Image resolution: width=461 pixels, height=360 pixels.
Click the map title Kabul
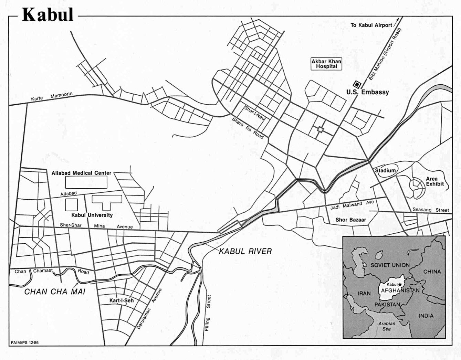point(48,15)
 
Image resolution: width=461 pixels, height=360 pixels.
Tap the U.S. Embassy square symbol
point(357,84)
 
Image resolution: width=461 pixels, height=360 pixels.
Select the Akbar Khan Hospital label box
point(326,64)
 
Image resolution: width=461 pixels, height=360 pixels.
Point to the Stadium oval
point(385,171)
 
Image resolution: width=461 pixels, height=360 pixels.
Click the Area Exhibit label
point(434,181)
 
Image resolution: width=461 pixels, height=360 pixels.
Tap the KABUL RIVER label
point(245,252)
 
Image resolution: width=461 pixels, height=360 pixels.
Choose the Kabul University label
point(92,215)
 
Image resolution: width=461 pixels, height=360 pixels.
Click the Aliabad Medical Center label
point(81,173)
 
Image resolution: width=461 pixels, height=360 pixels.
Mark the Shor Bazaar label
point(350,220)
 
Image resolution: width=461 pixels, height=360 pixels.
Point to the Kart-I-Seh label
point(122,300)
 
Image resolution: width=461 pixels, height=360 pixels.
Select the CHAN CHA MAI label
point(55,292)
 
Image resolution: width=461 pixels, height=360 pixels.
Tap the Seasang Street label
point(431,210)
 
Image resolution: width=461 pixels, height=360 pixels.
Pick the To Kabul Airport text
point(371,25)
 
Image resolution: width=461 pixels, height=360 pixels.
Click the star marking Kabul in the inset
point(400,285)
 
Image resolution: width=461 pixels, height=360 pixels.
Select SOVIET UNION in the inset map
point(390,265)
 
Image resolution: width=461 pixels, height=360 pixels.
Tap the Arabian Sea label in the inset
point(387,326)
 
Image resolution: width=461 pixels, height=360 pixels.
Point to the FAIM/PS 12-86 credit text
point(25,343)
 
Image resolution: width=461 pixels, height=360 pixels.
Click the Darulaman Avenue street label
point(149,309)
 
